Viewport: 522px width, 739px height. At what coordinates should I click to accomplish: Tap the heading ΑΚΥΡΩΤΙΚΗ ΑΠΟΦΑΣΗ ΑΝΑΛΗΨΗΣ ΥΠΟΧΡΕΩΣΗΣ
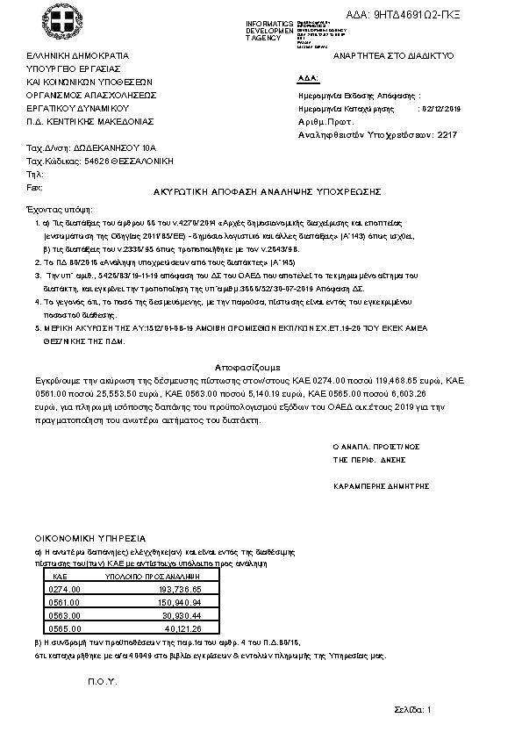[x=265, y=191]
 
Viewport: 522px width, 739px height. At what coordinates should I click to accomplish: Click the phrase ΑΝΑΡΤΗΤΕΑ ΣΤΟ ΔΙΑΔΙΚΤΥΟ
[x=393, y=54]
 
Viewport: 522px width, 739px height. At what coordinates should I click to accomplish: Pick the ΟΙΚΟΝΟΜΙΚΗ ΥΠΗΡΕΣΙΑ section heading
[x=90, y=537]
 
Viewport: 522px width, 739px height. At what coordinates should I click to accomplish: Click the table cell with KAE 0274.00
[x=67, y=590]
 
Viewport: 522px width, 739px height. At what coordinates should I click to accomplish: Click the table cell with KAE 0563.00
[x=67, y=616]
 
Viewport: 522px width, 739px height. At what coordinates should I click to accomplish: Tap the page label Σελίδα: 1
[x=414, y=710]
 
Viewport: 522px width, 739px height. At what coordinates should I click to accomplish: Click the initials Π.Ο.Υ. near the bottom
[x=102, y=682]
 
